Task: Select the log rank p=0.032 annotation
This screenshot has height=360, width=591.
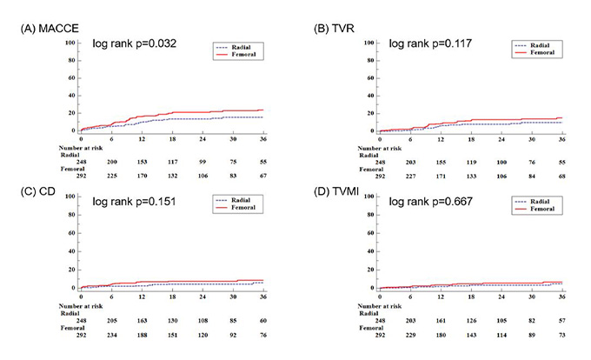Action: click(136, 43)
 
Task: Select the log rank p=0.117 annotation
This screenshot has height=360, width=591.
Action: click(431, 43)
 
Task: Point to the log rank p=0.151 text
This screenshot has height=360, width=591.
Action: click(136, 200)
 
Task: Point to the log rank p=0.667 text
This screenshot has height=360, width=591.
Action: click(431, 200)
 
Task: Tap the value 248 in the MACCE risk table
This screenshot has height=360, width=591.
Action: click(81, 162)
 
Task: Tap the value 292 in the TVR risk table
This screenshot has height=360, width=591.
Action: click(379, 175)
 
